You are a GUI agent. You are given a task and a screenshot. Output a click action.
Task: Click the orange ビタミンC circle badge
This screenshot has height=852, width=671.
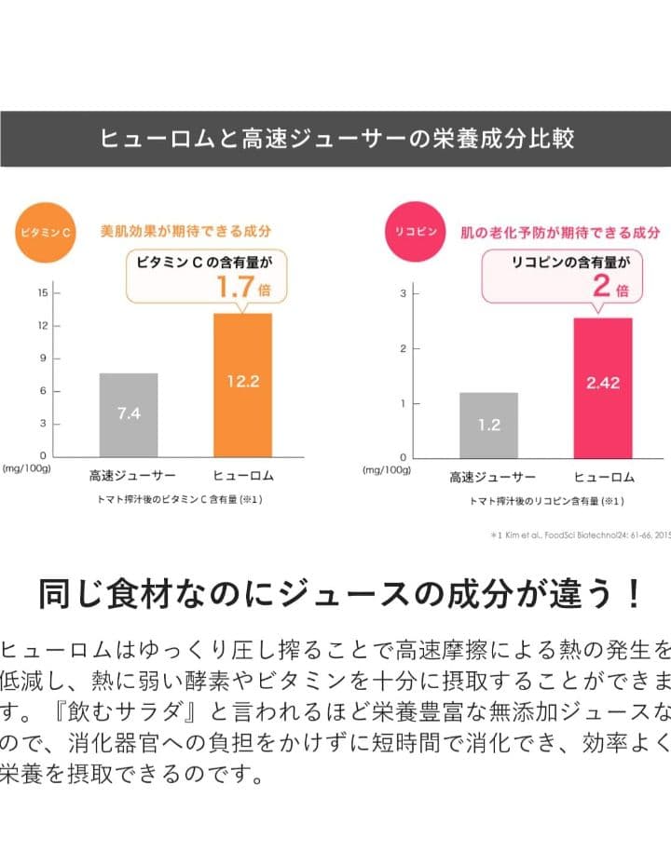tap(46, 231)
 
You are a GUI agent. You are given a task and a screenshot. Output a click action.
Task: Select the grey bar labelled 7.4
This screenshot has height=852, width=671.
tap(129, 413)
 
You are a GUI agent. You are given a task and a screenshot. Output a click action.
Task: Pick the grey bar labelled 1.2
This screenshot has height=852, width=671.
tap(488, 425)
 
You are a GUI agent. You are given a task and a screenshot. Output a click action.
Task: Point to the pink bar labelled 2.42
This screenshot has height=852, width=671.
tap(603, 387)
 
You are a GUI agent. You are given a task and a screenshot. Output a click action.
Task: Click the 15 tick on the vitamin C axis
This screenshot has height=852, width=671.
tap(43, 292)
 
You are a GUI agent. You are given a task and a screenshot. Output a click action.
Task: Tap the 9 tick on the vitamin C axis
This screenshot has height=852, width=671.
tap(43, 358)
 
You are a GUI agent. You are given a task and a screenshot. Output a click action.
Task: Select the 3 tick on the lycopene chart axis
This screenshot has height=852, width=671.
tap(404, 294)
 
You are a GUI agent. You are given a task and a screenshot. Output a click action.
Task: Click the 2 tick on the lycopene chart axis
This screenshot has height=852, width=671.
tap(404, 349)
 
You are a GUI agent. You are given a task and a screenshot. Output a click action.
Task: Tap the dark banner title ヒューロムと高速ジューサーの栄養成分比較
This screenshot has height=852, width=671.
tap(335, 139)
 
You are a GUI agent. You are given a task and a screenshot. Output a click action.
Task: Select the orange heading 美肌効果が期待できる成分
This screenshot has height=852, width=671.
tap(185, 231)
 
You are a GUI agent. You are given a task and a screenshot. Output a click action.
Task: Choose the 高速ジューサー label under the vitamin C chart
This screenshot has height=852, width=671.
tap(128, 476)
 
